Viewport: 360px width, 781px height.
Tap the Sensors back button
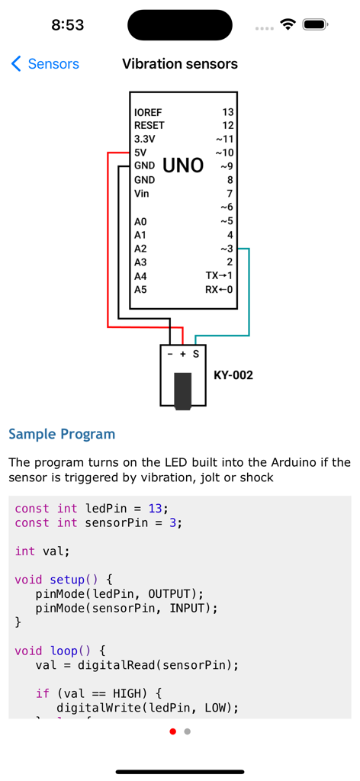[x=45, y=64]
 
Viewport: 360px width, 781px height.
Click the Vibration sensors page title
[x=180, y=64]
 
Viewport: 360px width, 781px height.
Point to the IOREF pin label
[x=148, y=112]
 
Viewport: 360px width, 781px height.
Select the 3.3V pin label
[x=144, y=139]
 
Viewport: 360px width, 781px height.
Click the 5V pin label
[x=140, y=153]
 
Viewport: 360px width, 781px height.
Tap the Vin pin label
[x=142, y=194]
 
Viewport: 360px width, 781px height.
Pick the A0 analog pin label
[x=140, y=222]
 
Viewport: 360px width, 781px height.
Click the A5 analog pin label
[x=140, y=290]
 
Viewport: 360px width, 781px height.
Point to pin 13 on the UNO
[x=228, y=112]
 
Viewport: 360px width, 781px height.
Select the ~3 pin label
[x=227, y=249]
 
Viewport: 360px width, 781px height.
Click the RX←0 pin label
[x=220, y=290]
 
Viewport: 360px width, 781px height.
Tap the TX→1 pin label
[x=220, y=275]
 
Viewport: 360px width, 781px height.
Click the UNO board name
[x=183, y=166]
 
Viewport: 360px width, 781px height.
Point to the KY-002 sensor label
[x=233, y=375]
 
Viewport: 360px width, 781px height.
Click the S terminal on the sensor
[x=196, y=354]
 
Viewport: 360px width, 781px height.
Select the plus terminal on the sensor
[x=183, y=354]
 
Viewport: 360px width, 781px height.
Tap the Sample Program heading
[x=62, y=434]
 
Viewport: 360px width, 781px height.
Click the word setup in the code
[x=66, y=580]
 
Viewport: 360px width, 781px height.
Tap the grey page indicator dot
[x=188, y=731]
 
